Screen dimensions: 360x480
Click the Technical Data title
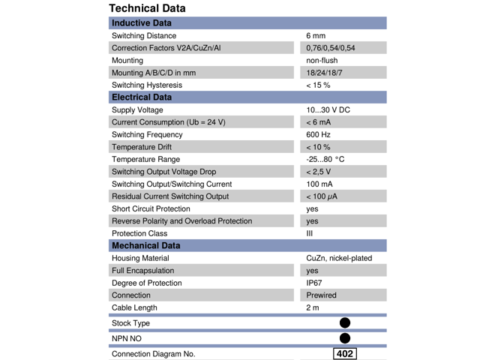(147, 8)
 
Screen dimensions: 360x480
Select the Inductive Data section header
(142, 23)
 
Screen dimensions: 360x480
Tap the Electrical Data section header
(142, 97)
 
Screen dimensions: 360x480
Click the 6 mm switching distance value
(316, 36)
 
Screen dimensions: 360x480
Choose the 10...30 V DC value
(328, 110)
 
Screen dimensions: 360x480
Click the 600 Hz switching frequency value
(318, 135)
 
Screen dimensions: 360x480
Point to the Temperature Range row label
(145, 160)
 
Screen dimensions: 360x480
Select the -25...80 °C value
(325, 160)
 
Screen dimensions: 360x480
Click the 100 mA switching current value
(319, 184)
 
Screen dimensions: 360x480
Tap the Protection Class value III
(310, 233)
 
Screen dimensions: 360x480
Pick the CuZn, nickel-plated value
(339, 258)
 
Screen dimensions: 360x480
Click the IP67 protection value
(315, 283)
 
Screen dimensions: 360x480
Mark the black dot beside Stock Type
(345, 323)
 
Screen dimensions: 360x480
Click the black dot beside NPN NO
(345, 338)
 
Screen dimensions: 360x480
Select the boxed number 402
(345, 354)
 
